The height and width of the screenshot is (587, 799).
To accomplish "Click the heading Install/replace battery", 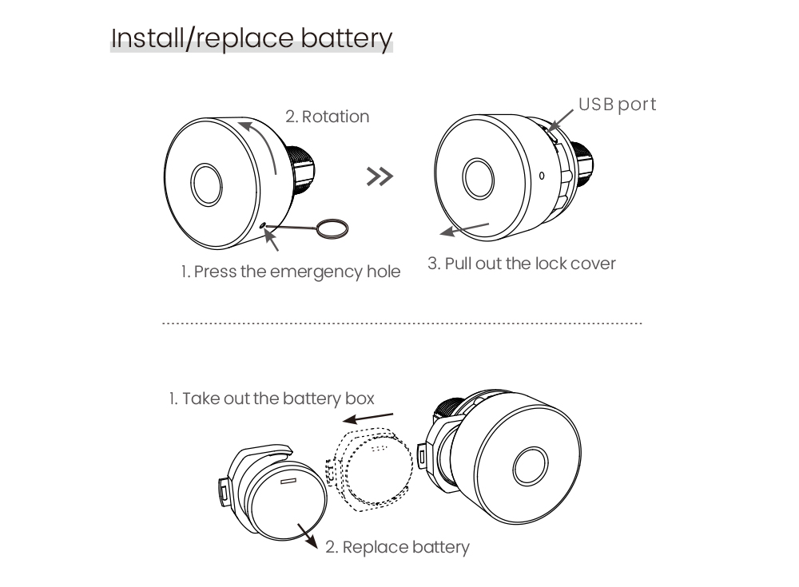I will point(252,38).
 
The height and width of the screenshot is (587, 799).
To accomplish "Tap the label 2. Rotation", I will point(328,117).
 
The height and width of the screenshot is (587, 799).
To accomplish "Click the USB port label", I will point(617,104).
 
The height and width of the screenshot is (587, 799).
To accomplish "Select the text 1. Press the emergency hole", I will point(290,272).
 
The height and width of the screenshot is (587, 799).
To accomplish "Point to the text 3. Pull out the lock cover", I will point(522,264).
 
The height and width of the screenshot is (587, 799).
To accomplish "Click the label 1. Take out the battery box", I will point(271,398).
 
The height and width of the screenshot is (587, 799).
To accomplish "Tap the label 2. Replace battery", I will point(397,547).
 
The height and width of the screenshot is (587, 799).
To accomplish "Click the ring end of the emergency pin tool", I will point(332,229).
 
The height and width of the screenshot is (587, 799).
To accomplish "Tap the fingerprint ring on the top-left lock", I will point(205,184).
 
